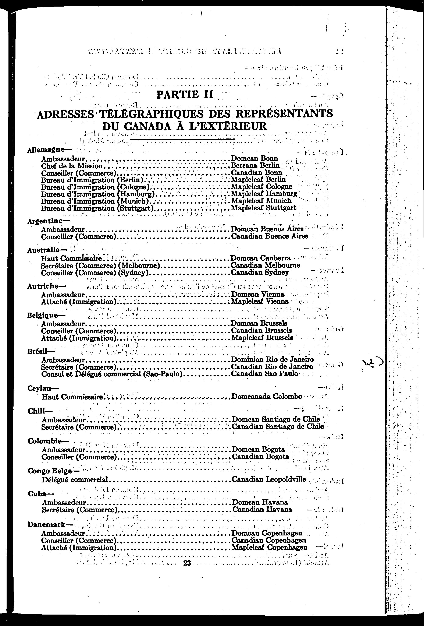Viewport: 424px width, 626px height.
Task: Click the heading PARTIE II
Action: tap(185, 95)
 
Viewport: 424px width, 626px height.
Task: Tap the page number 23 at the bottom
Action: tap(187, 563)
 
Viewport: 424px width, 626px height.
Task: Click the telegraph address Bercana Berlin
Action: tap(255, 165)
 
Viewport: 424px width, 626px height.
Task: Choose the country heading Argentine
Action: tap(49, 221)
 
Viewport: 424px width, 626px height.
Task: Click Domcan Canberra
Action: tap(261, 258)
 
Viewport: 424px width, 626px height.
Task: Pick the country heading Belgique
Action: tap(47, 315)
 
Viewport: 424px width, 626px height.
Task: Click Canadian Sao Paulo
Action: tap(265, 374)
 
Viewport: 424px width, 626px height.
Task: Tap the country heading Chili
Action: tap(40, 411)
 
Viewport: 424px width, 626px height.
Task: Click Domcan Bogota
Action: tap(258, 449)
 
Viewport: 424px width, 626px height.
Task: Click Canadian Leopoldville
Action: tap(269, 479)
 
